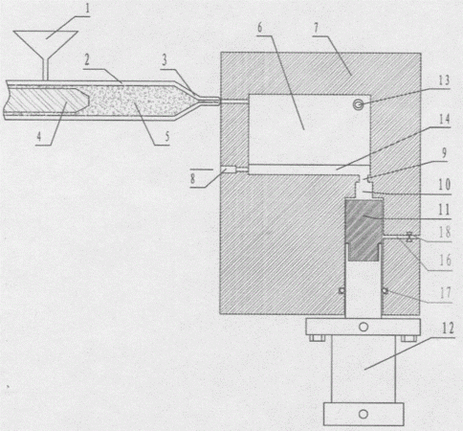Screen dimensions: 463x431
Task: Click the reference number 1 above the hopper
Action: click(87, 9)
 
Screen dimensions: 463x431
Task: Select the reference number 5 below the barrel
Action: click(166, 137)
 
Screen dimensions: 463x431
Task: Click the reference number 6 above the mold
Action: click(260, 28)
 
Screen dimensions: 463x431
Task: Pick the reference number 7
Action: click(316, 28)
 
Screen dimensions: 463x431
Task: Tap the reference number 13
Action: click(444, 80)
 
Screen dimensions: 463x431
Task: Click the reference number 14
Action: click(444, 120)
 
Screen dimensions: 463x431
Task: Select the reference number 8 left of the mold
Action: click(192, 178)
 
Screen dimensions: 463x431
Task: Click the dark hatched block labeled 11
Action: click(364, 230)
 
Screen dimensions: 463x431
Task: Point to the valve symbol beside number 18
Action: click(409, 238)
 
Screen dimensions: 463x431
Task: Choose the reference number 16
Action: click(445, 261)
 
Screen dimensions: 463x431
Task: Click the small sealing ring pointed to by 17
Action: click(386, 290)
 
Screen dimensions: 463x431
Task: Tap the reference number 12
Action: click(448, 329)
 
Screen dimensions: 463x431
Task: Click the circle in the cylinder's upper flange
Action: click(364, 327)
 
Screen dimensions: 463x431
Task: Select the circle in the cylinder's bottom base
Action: click(364, 414)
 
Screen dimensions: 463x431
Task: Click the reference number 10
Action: click(445, 185)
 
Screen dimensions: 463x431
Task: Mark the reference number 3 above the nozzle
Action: click(165, 59)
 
